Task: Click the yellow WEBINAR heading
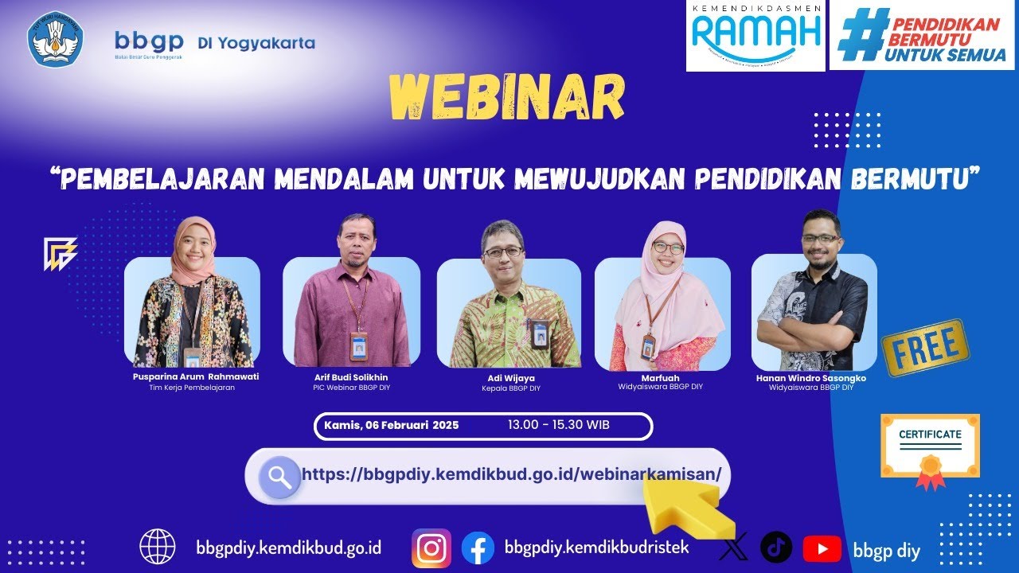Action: point(506,98)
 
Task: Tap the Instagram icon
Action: point(431,548)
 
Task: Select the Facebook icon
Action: point(478,548)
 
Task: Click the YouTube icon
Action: point(822,548)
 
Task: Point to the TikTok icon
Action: point(776,548)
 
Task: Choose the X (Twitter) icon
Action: point(733,548)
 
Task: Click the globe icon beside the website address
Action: point(158,547)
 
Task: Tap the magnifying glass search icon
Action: point(279,477)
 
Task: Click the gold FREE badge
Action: point(925,348)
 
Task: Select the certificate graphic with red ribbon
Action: point(930,450)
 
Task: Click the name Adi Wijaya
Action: point(510,378)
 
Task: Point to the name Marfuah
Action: point(660,377)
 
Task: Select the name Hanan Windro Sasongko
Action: point(810,378)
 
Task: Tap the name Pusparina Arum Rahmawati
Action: point(196,376)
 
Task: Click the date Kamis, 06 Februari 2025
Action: point(391,426)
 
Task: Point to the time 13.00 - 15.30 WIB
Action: point(558,425)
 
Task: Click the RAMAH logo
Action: point(755,35)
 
